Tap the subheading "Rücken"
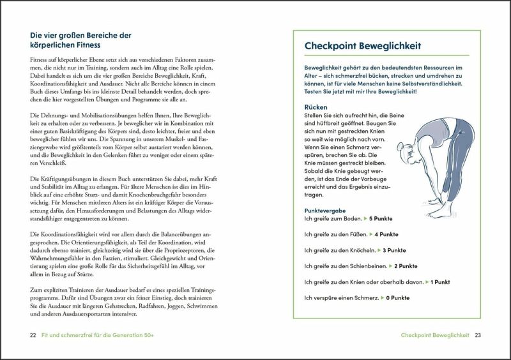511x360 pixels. click(x=316, y=107)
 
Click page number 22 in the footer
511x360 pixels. click(x=33, y=335)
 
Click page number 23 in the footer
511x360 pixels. click(x=477, y=335)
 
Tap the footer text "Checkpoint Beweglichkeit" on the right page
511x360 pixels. click(x=435, y=335)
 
